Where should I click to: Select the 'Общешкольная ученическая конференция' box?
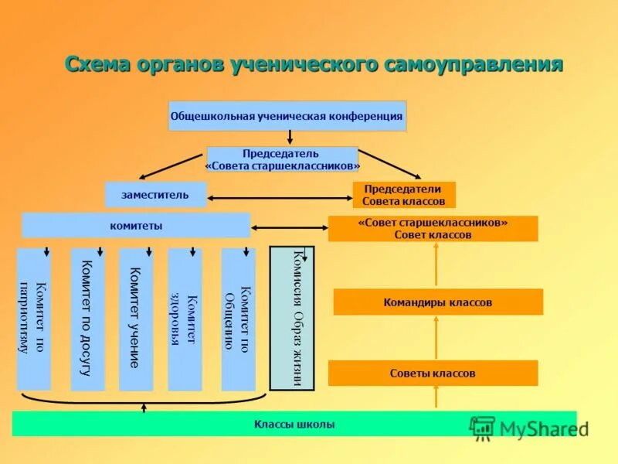click(x=287, y=116)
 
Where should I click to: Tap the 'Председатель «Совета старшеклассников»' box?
click(x=283, y=160)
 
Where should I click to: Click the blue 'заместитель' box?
click(x=155, y=195)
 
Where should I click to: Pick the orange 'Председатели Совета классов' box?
click(x=403, y=195)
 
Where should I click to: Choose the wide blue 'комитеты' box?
click(x=136, y=226)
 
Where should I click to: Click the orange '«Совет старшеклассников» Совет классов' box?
click(x=433, y=229)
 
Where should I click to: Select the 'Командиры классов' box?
click(x=437, y=302)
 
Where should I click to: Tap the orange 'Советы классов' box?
click(x=433, y=374)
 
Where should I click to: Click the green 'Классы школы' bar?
click(x=294, y=424)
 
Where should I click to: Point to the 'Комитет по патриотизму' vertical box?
click(x=33, y=319)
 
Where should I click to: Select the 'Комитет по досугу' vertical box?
click(x=87, y=319)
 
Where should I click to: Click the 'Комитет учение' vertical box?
click(x=135, y=319)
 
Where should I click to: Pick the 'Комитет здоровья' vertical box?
click(x=185, y=319)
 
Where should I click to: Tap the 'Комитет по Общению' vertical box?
click(x=238, y=319)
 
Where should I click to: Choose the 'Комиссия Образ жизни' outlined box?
click(x=291, y=318)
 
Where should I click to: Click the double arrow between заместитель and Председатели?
click(x=280, y=199)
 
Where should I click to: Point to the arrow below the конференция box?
click(x=290, y=138)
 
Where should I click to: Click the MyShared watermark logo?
click(x=528, y=428)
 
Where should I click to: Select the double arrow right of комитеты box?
click(x=289, y=227)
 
